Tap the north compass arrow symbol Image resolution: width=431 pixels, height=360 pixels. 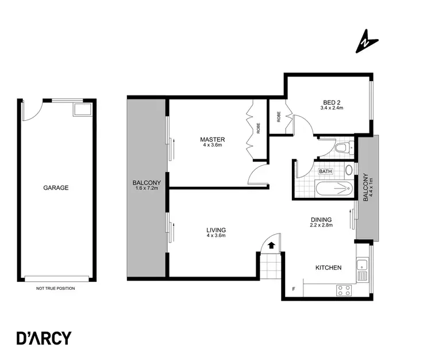pyautogui.click(x=365, y=42)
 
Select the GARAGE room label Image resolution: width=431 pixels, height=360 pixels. pyautogui.click(x=56, y=187)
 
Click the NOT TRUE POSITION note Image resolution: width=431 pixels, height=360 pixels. pyautogui.click(x=55, y=288)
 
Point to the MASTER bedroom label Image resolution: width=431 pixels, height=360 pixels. pyautogui.click(x=212, y=140)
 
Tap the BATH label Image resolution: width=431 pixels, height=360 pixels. pyautogui.click(x=326, y=171)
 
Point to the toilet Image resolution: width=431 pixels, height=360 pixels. pyautogui.click(x=343, y=148)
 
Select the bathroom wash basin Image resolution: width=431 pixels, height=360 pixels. pyautogui.click(x=348, y=171)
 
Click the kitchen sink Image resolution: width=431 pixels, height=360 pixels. pyautogui.click(x=362, y=266)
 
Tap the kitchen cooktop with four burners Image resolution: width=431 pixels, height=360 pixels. pyautogui.click(x=344, y=290)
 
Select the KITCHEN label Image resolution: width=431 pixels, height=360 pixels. pyautogui.click(x=329, y=267)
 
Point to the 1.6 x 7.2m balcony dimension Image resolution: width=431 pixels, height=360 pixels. pyautogui.click(x=148, y=188)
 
